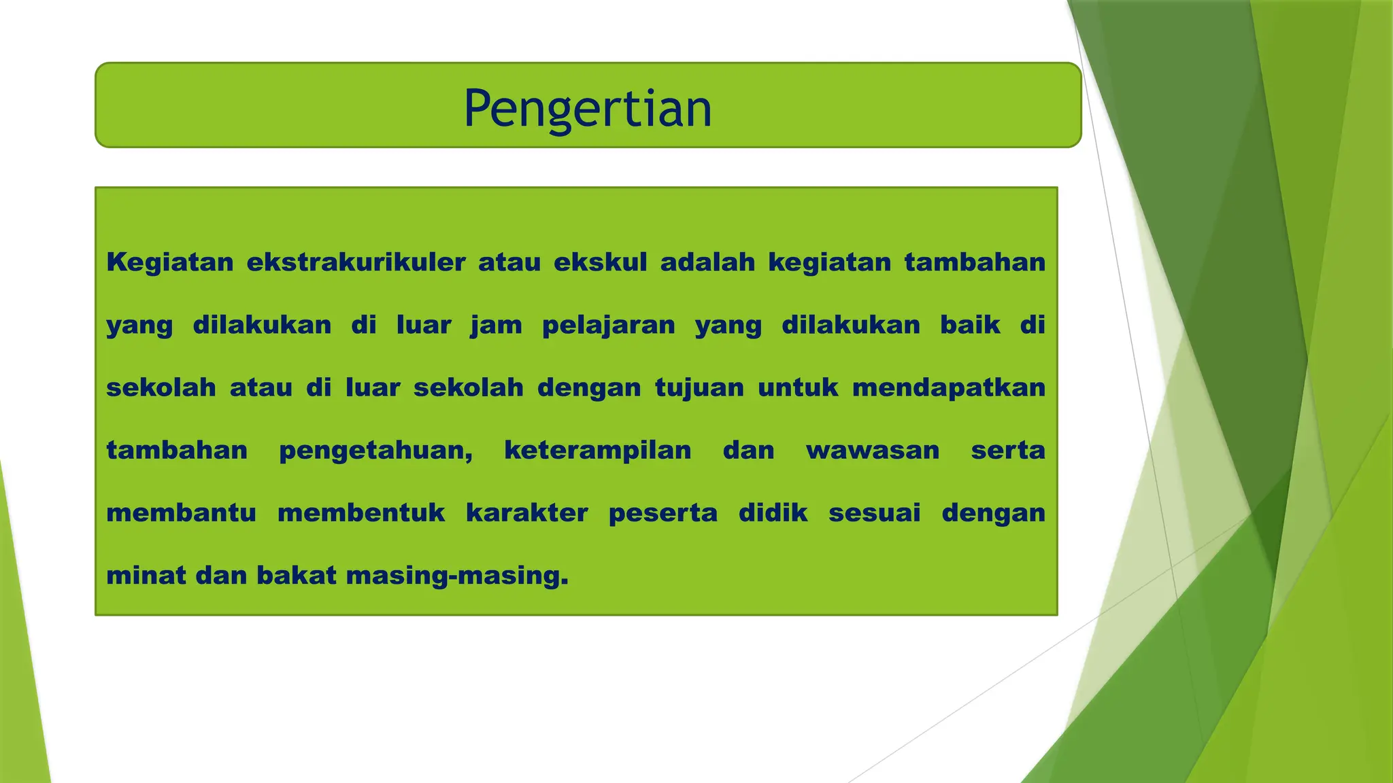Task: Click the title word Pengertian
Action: (x=588, y=109)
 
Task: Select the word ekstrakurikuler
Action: (x=356, y=262)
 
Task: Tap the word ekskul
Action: (x=600, y=262)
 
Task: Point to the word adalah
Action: (x=707, y=262)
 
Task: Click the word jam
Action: (x=496, y=326)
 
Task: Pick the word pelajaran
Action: (x=608, y=326)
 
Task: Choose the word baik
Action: (x=970, y=325)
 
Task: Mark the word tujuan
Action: (x=699, y=388)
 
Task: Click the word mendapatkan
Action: (x=948, y=388)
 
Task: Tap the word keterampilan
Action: (x=597, y=451)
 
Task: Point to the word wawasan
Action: (x=873, y=451)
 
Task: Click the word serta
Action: (x=1008, y=451)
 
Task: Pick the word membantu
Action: (x=181, y=513)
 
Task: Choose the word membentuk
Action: (x=360, y=513)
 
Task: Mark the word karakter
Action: (x=526, y=513)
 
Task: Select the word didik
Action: (x=773, y=513)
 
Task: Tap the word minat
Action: (x=146, y=576)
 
